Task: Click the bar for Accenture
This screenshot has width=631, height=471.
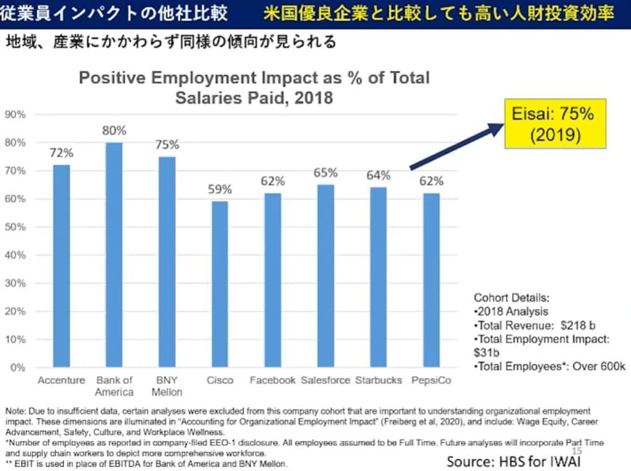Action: (x=61, y=266)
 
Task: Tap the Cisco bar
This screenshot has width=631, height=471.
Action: (x=220, y=284)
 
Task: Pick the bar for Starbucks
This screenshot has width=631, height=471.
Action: (x=379, y=277)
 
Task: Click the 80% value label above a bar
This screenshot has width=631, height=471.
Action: (x=114, y=130)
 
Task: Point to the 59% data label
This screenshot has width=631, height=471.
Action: (x=220, y=189)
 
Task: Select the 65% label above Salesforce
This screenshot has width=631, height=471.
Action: (x=326, y=172)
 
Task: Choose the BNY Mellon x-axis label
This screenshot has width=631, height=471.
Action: (x=167, y=386)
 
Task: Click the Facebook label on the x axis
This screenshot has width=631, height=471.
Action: (x=273, y=381)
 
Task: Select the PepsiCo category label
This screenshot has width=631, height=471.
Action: (x=432, y=381)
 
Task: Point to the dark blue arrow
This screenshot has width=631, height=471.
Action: (x=456, y=147)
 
